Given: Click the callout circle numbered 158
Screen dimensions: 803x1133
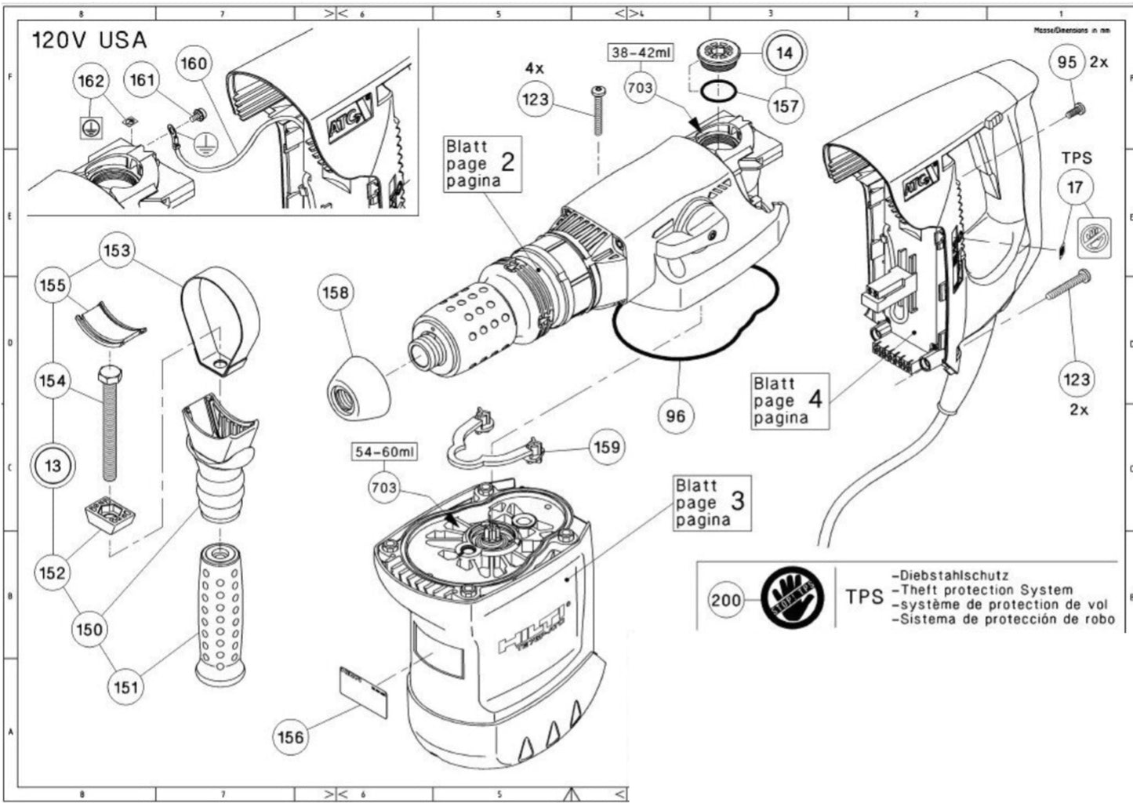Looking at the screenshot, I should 338,292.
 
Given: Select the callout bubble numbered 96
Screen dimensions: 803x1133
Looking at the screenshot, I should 675,416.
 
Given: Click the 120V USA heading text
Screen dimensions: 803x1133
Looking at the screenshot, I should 89,41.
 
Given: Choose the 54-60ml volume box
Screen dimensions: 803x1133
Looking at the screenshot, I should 383,452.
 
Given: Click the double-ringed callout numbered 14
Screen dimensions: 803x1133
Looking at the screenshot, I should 784,53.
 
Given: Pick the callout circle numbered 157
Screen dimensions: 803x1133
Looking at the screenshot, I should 785,106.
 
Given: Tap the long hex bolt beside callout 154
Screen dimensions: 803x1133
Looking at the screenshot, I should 108,423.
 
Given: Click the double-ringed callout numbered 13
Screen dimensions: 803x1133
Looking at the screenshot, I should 53,467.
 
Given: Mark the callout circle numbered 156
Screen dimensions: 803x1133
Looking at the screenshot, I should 291,736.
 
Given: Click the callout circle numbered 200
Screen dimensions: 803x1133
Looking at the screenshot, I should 726,601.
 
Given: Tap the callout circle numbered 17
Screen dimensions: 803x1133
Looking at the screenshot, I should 1075,187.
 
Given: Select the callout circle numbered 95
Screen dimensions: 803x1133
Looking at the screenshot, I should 1067,61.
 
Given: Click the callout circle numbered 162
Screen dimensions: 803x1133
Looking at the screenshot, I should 90,81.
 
